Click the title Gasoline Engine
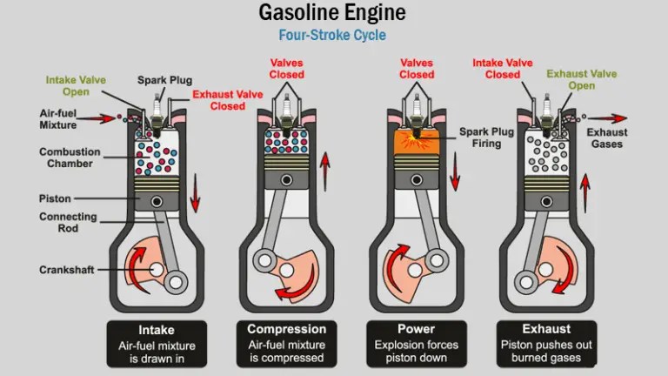[x=334, y=14]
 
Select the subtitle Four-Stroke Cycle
[x=334, y=37]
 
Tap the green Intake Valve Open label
[x=76, y=86]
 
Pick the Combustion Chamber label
[x=69, y=158]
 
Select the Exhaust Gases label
[x=605, y=138]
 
